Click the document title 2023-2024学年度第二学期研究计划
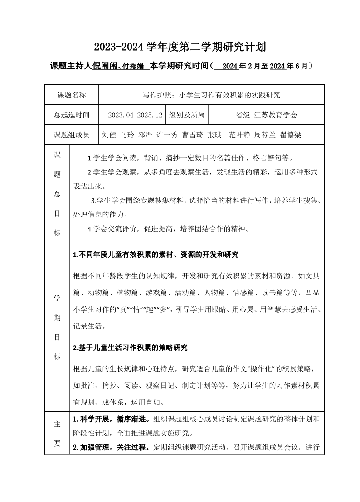click(x=180, y=47)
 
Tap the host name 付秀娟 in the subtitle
click(x=133, y=66)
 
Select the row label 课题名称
click(x=71, y=95)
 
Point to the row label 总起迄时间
click(x=71, y=115)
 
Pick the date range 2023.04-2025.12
click(x=135, y=115)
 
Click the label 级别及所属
click(x=187, y=115)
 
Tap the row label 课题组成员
click(x=71, y=135)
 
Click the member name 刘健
click(x=110, y=135)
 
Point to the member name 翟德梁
click(x=291, y=135)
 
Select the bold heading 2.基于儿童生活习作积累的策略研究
click(x=130, y=348)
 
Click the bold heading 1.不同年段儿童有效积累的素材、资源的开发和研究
click(x=156, y=255)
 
